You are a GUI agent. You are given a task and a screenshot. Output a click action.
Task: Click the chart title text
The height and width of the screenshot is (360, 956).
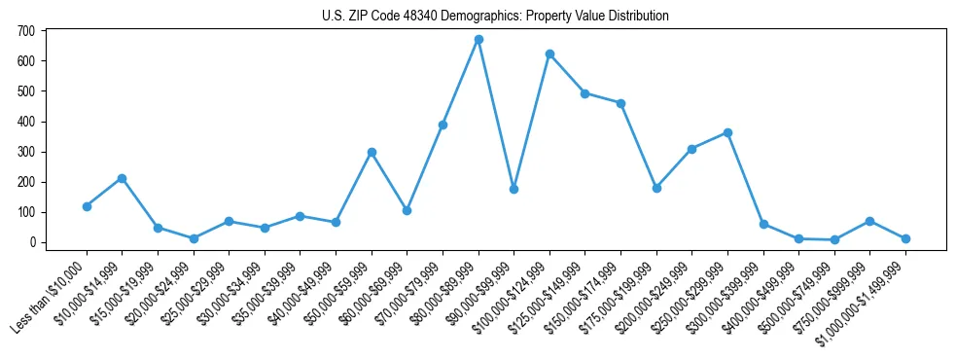point(495,16)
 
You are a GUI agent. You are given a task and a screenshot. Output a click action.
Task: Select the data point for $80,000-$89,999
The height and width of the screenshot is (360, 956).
point(478,40)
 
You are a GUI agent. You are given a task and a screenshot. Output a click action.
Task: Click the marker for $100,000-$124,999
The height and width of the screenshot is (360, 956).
point(549,54)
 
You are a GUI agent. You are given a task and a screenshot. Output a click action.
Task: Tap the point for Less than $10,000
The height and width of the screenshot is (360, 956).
point(87,206)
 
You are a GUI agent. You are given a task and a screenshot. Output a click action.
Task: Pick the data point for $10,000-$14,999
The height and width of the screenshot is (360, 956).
point(123,178)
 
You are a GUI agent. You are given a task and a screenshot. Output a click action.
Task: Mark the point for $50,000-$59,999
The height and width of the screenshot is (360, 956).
point(372,152)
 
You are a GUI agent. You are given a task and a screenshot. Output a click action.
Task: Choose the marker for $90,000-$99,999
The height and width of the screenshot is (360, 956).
point(513,189)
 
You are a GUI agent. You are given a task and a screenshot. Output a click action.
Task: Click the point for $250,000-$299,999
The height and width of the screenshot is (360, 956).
point(727,132)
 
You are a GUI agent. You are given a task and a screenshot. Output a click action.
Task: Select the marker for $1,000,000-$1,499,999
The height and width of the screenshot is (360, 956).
point(905,238)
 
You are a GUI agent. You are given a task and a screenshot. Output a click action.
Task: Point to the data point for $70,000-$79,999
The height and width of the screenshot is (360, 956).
point(443,125)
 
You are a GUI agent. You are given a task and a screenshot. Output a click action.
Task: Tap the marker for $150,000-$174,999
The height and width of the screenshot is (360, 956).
point(620,103)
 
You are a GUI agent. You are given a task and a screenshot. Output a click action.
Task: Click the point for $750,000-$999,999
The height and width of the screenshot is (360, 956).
point(869,221)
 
